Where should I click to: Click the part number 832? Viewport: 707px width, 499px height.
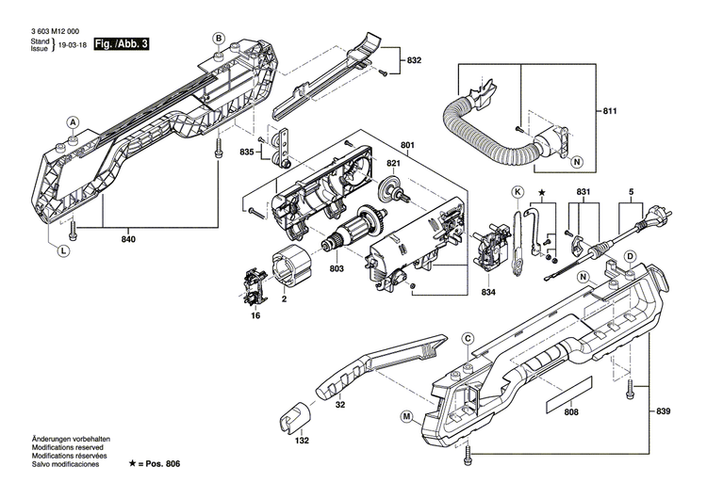point(413,60)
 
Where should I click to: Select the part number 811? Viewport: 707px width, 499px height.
point(609,112)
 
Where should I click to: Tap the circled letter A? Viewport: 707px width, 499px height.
point(73,122)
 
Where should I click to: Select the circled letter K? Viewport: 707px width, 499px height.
point(517,192)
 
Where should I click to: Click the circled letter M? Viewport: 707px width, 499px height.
point(406,415)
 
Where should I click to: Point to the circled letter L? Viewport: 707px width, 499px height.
point(62,250)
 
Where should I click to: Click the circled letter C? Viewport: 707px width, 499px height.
point(468,339)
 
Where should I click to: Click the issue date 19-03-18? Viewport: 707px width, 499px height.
point(71,45)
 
